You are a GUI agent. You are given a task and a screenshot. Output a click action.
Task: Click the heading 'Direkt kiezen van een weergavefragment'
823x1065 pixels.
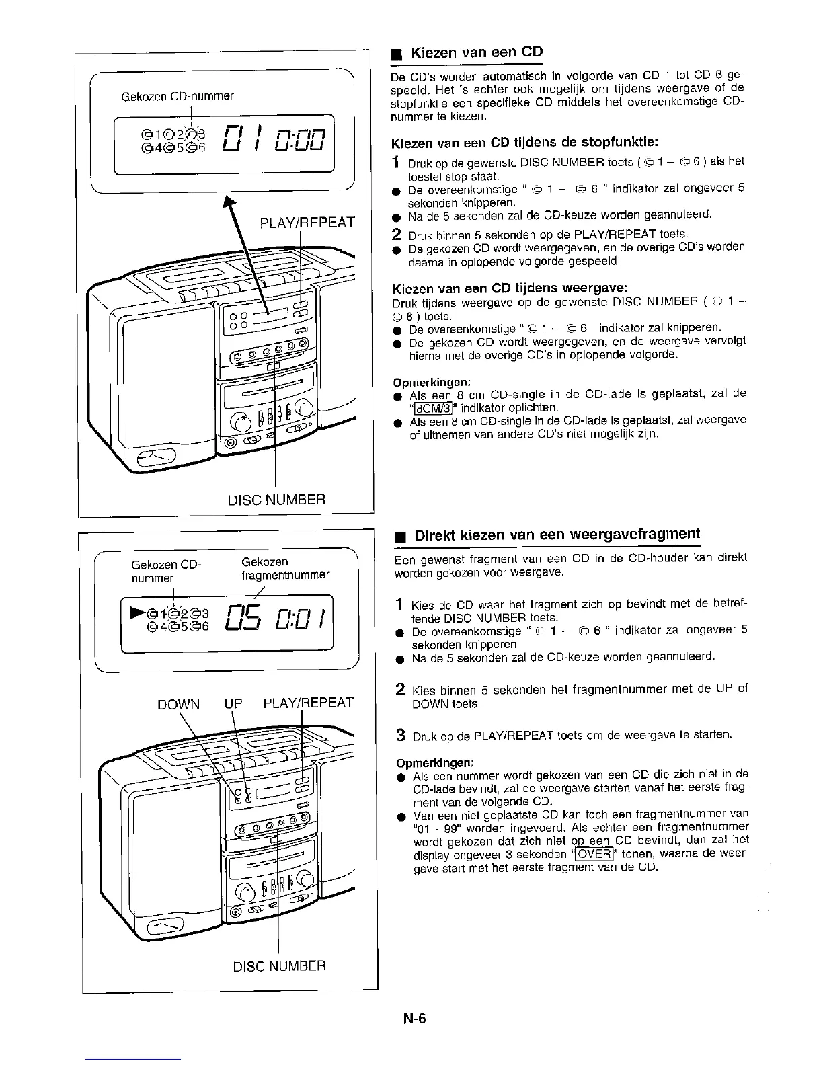[557, 535]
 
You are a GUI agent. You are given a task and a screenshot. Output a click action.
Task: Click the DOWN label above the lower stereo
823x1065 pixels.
[178, 704]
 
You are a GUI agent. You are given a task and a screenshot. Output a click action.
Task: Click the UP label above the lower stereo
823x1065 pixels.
[232, 704]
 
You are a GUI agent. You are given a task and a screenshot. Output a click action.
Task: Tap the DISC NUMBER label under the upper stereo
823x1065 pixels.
[277, 500]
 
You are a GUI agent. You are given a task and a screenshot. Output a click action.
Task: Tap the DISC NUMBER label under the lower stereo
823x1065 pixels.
[278, 966]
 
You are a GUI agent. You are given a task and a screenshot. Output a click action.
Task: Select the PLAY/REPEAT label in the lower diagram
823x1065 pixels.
[307, 703]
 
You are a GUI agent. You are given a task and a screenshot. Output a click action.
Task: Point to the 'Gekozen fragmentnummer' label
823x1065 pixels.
[285, 568]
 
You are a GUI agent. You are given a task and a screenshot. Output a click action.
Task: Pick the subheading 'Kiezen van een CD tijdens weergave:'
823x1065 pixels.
[510, 288]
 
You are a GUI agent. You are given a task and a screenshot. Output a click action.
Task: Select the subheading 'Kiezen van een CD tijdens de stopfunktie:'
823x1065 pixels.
[524, 143]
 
